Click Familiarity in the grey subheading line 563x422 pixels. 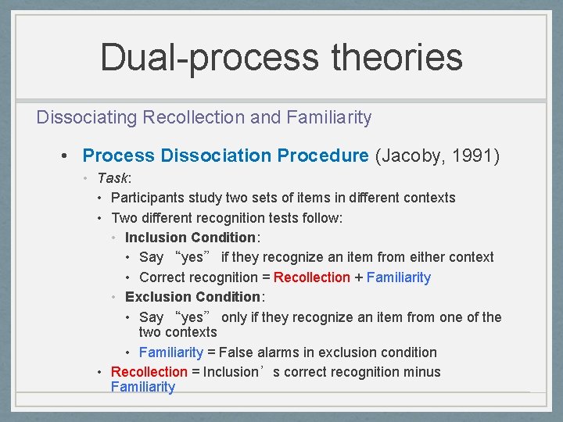pyautogui.click(x=328, y=118)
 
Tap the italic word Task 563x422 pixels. pyautogui.click(x=113, y=178)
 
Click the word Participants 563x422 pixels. pyautogui.click(x=149, y=198)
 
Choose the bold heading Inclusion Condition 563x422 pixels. pyautogui.click(x=190, y=238)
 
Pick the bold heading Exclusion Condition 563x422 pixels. pyautogui.click(x=193, y=297)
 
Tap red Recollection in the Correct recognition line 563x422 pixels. pyautogui.click(x=312, y=277)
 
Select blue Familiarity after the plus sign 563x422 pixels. pyautogui.click(x=398, y=277)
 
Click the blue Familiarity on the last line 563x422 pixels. pyautogui.click(x=143, y=387)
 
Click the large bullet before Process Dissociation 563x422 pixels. pyautogui.click(x=69, y=156)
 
